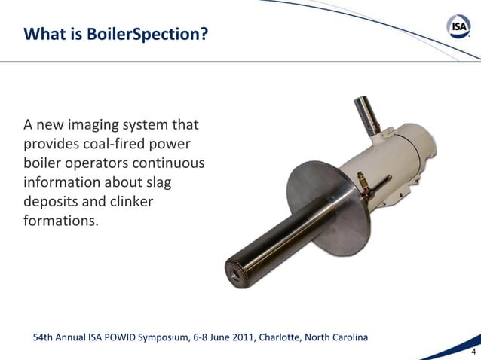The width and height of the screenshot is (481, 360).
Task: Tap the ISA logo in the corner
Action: (x=459, y=28)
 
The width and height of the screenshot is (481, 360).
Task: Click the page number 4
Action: (x=473, y=352)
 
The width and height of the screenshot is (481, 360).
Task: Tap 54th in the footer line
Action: (x=44, y=336)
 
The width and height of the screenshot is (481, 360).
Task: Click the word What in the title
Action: (x=40, y=34)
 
